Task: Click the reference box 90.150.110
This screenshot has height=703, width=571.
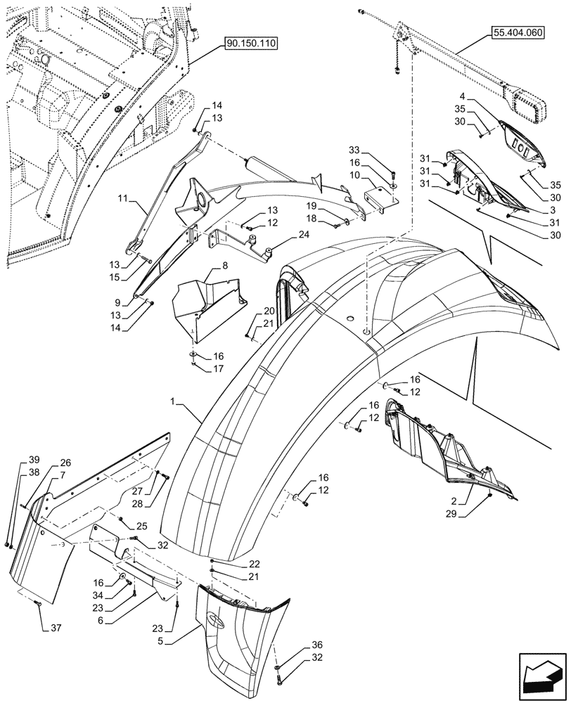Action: click(x=251, y=44)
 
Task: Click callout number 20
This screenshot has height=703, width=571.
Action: click(x=269, y=311)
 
